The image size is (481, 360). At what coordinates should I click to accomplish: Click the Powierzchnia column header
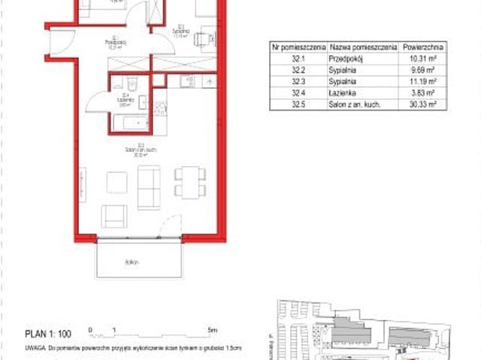click(x=422, y=46)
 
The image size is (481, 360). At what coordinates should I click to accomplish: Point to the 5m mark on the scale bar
click(x=212, y=330)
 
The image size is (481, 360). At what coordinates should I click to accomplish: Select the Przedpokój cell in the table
click(x=345, y=58)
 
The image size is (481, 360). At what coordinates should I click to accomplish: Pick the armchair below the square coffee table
click(x=115, y=215)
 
